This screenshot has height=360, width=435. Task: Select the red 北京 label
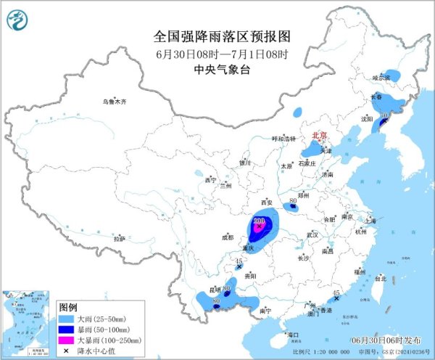(x=319, y=136)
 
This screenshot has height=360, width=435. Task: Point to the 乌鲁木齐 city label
(x=114, y=102)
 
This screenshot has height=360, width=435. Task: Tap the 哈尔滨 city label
(x=381, y=77)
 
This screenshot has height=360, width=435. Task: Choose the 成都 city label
(x=228, y=237)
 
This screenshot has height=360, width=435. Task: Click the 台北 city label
(x=380, y=278)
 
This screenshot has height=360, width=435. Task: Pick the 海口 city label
(x=293, y=335)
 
